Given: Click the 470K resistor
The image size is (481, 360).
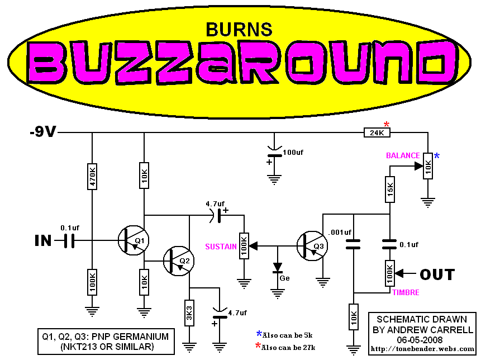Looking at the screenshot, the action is click(x=92, y=177).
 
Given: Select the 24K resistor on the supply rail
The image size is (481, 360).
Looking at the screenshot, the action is click(x=377, y=132).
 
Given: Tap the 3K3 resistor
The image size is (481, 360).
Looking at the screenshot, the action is click(x=189, y=312).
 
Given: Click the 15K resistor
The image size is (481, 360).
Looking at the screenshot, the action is click(x=389, y=190).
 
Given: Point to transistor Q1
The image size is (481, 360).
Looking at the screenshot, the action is click(x=134, y=240).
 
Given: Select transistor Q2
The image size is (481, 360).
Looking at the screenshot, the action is click(x=179, y=261).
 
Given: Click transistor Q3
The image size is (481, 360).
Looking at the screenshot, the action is click(x=312, y=246).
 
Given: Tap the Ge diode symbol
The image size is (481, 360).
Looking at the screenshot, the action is click(x=278, y=268).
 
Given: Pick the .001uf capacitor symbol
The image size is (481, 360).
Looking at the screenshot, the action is click(x=353, y=244).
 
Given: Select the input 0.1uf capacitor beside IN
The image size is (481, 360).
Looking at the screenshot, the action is click(x=69, y=240).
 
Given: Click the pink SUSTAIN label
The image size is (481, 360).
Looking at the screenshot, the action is click(x=221, y=247).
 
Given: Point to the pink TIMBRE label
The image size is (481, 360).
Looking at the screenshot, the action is click(x=406, y=292).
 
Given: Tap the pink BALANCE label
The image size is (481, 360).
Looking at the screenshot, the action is click(x=403, y=155).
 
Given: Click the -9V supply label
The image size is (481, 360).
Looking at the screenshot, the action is click(x=43, y=132).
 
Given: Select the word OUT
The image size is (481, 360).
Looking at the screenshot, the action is click(x=437, y=274).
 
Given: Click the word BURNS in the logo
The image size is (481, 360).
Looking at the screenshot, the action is click(x=239, y=30).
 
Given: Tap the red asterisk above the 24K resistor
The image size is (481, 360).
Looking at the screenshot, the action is click(x=387, y=124).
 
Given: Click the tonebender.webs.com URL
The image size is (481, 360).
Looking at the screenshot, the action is click(x=422, y=349).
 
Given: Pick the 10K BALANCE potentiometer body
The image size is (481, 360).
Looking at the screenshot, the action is click(x=428, y=165).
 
